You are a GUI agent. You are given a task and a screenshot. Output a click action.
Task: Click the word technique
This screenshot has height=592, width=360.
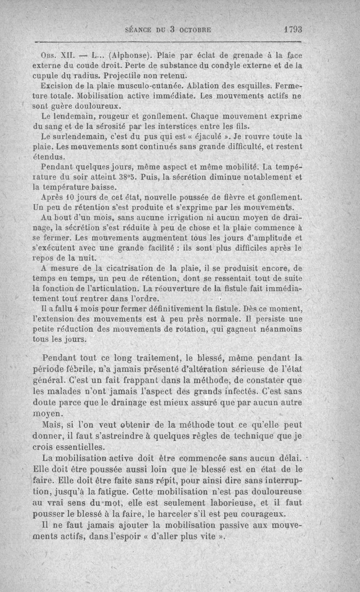[261, 436]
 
